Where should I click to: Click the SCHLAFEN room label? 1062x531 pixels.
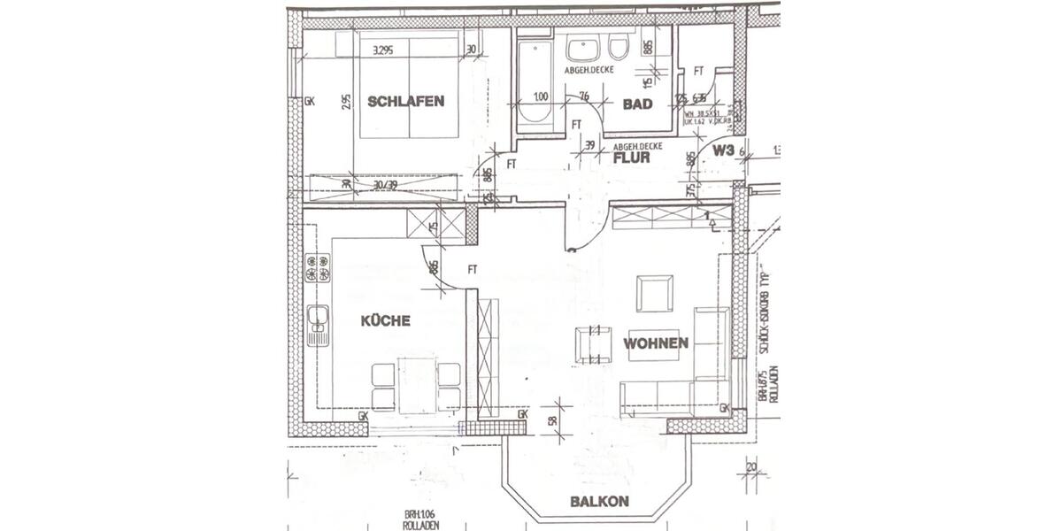coord(407,101)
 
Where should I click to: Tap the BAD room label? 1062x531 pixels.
coord(637,104)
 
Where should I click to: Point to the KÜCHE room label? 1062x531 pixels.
coord(385,320)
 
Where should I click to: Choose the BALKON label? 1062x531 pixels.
coord(599,501)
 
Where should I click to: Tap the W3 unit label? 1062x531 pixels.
coord(724,150)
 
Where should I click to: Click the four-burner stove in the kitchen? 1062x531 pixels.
coord(317,268)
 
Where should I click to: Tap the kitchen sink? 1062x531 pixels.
coord(317,325)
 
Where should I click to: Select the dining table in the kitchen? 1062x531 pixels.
coord(416,384)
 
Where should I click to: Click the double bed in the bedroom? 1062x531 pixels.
coord(409,84)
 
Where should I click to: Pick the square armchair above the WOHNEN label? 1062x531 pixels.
coord(655,294)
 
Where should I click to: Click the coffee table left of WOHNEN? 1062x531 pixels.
coord(594,344)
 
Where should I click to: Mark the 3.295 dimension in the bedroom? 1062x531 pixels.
coord(384,50)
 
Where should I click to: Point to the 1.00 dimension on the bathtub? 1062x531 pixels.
coord(541,96)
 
